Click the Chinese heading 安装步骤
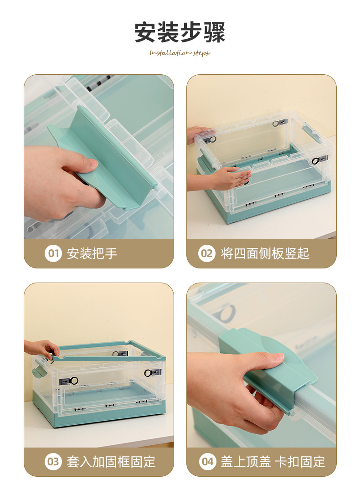tap(180, 32)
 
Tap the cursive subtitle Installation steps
tap(180, 53)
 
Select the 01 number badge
tap(53, 253)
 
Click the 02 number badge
tap(206, 253)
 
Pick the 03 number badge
tap(53, 462)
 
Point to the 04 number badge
tap(207, 462)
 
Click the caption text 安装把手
tap(92, 253)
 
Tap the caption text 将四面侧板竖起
tap(265, 253)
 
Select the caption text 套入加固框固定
tap(111, 462)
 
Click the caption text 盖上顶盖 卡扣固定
tap(273, 462)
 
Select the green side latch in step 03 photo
tap(39, 369)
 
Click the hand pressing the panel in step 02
tap(230, 178)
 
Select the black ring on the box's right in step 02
tap(315, 161)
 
